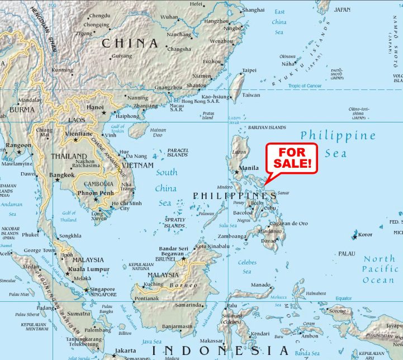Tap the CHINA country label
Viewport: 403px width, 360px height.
[129, 43]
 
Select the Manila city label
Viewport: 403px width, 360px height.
[249, 168]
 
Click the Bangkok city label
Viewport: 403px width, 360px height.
[62, 175]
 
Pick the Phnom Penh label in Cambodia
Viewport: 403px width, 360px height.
[96, 193]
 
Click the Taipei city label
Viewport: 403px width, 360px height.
[249, 70]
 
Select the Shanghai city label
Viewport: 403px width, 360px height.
[253, 10]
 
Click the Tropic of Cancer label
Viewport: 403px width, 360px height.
[305, 86]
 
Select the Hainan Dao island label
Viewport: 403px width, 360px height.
[158, 132]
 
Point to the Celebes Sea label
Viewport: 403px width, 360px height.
[246, 267]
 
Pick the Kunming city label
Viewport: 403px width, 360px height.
[62, 70]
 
